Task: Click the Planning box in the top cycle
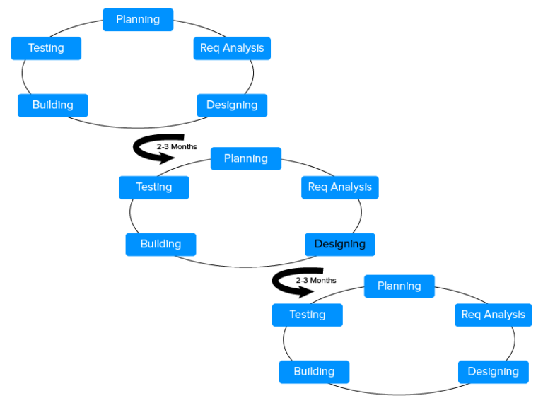(x=138, y=20)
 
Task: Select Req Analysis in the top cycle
(x=232, y=48)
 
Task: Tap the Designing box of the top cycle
(x=232, y=105)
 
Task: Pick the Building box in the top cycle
(x=53, y=105)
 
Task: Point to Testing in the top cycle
(x=46, y=48)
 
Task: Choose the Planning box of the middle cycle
(x=246, y=158)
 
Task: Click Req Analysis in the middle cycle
(x=340, y=187)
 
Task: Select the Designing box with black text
(x=340, y=244)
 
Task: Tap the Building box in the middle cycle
(x=160, y=244)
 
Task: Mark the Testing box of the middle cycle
(x=154, y=187)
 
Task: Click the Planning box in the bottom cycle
(x=399, y=286)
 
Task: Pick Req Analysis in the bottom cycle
(x=494, y=315)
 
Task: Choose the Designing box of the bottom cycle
(x=494, y=371)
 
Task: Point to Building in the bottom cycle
(x=314, y=371)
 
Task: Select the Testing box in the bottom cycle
(x=308, y=315)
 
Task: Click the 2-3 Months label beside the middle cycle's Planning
(x=177, y=147)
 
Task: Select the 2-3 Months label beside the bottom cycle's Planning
(x=316, y=281)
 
